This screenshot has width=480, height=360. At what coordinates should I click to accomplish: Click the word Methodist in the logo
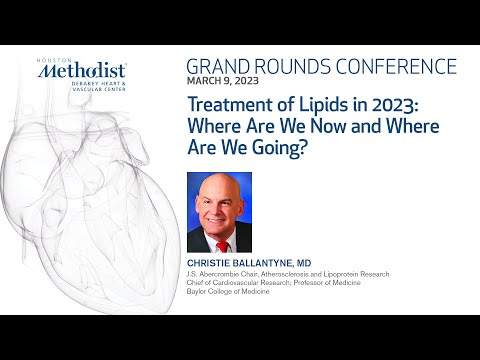pos(92,71)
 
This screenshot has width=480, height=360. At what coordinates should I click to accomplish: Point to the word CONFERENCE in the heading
pos(399,68)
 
